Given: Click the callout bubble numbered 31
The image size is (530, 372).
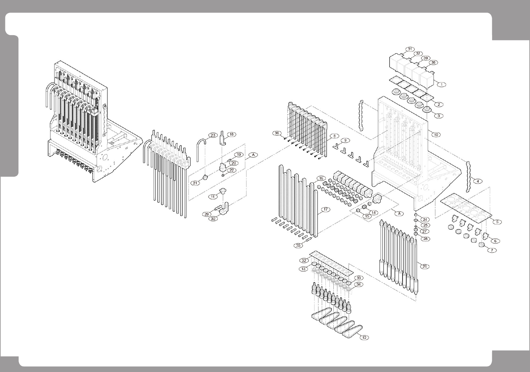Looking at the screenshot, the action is coord(410,49).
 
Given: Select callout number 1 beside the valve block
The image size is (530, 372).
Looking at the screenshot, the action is coord(441,85).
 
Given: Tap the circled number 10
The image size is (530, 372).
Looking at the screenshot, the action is coord(436,134).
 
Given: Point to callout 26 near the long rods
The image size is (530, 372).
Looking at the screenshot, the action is coord(424,266).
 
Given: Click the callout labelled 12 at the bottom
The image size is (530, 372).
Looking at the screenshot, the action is coord(364,338).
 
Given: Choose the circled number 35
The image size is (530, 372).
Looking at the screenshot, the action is coord(298,245).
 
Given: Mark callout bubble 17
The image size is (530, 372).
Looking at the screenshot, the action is coord(326,210).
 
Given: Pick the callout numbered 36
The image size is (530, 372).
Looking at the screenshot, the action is coord(277,133).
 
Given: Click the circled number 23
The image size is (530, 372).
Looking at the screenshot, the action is coord(213,135).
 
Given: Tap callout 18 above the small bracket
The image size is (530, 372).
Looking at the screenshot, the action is coord(231,135).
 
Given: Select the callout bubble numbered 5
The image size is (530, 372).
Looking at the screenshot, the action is coord(497,222).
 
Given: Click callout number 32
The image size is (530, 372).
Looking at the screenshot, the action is coord(304,260).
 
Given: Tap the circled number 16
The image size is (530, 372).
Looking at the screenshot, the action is coord(321,178).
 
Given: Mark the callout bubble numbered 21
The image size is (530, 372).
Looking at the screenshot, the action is coord(196,183).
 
